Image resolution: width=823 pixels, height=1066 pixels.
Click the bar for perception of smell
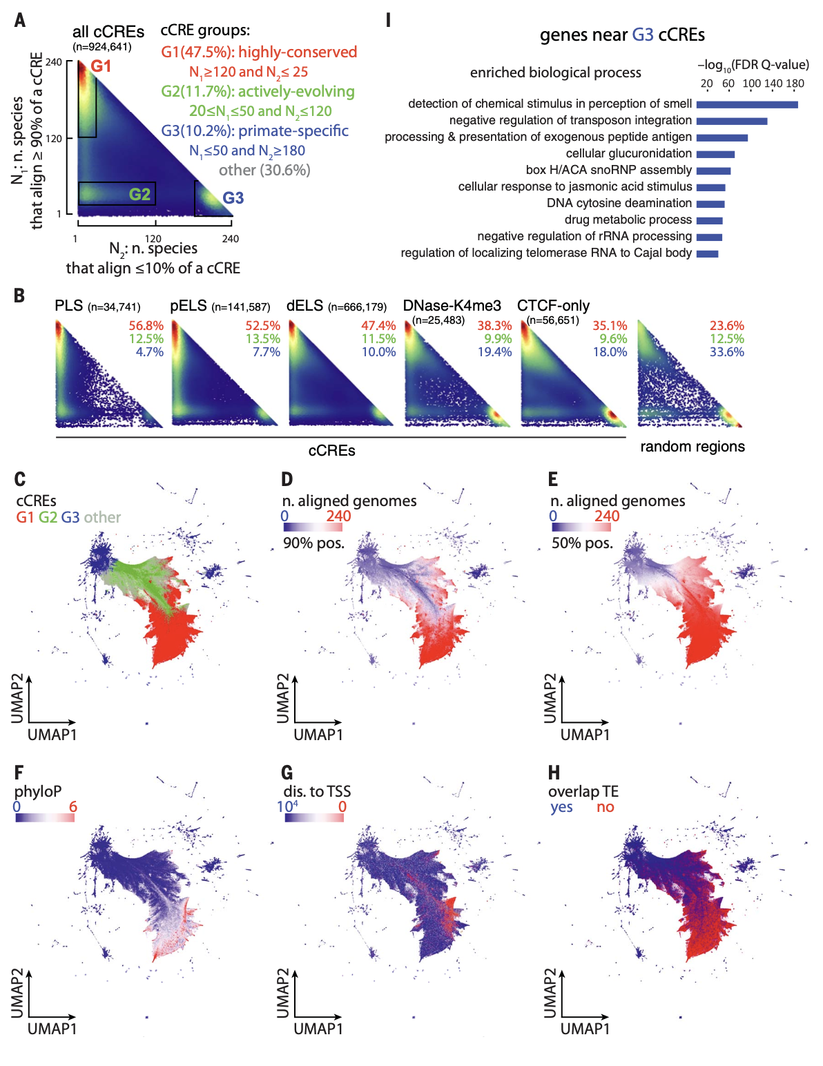point(746,105)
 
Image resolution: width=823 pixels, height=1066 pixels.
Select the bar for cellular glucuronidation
point(715,154)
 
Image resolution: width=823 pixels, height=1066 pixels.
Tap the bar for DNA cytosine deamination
point(710,204)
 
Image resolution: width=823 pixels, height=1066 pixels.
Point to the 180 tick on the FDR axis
point(795,84)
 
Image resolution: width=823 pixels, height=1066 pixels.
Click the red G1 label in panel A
point(101,66)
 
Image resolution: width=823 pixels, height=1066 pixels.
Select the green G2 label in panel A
point(139,195)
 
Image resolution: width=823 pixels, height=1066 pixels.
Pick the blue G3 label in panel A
point(233,198)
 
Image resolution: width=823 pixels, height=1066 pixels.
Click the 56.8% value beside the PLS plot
point(146,326)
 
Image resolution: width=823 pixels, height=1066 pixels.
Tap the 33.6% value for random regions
point(726,352)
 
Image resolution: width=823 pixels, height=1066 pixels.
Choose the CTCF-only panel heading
point(553,306)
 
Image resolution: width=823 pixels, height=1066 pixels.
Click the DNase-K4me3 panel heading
point(452,306)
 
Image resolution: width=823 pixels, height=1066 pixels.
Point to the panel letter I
point(388,21)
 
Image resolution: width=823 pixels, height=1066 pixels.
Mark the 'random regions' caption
point(692,447)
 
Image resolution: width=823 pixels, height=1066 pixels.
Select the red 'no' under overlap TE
point(605,807)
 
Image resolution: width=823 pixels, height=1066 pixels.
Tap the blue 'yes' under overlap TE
point(561,807)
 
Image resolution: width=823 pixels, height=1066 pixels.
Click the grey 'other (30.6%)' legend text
point(264,170)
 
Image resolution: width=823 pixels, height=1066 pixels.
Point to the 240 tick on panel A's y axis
point(54,62)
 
